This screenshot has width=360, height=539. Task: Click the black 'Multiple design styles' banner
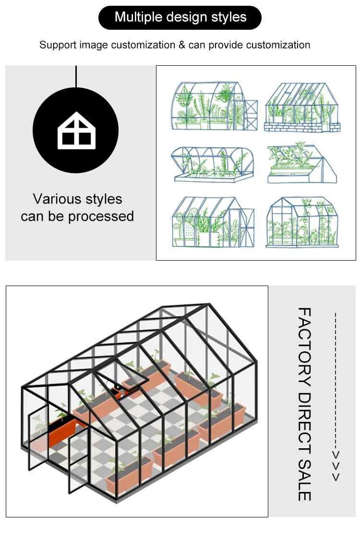[180, 18]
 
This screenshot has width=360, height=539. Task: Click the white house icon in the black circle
[76, 131]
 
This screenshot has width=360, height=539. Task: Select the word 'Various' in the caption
[53, 199]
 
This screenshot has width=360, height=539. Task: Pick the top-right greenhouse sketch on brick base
[302, 108]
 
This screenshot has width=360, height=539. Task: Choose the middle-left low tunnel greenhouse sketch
[212, 163]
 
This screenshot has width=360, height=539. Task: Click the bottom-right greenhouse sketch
[302, 222]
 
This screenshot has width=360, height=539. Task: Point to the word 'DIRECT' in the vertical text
[304, 422]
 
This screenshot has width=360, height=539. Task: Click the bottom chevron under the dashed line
[336, 477]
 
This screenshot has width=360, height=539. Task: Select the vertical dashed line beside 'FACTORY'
[336, 379]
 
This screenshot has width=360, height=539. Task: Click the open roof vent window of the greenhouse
[120, 379]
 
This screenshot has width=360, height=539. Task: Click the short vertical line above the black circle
[76, 76]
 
